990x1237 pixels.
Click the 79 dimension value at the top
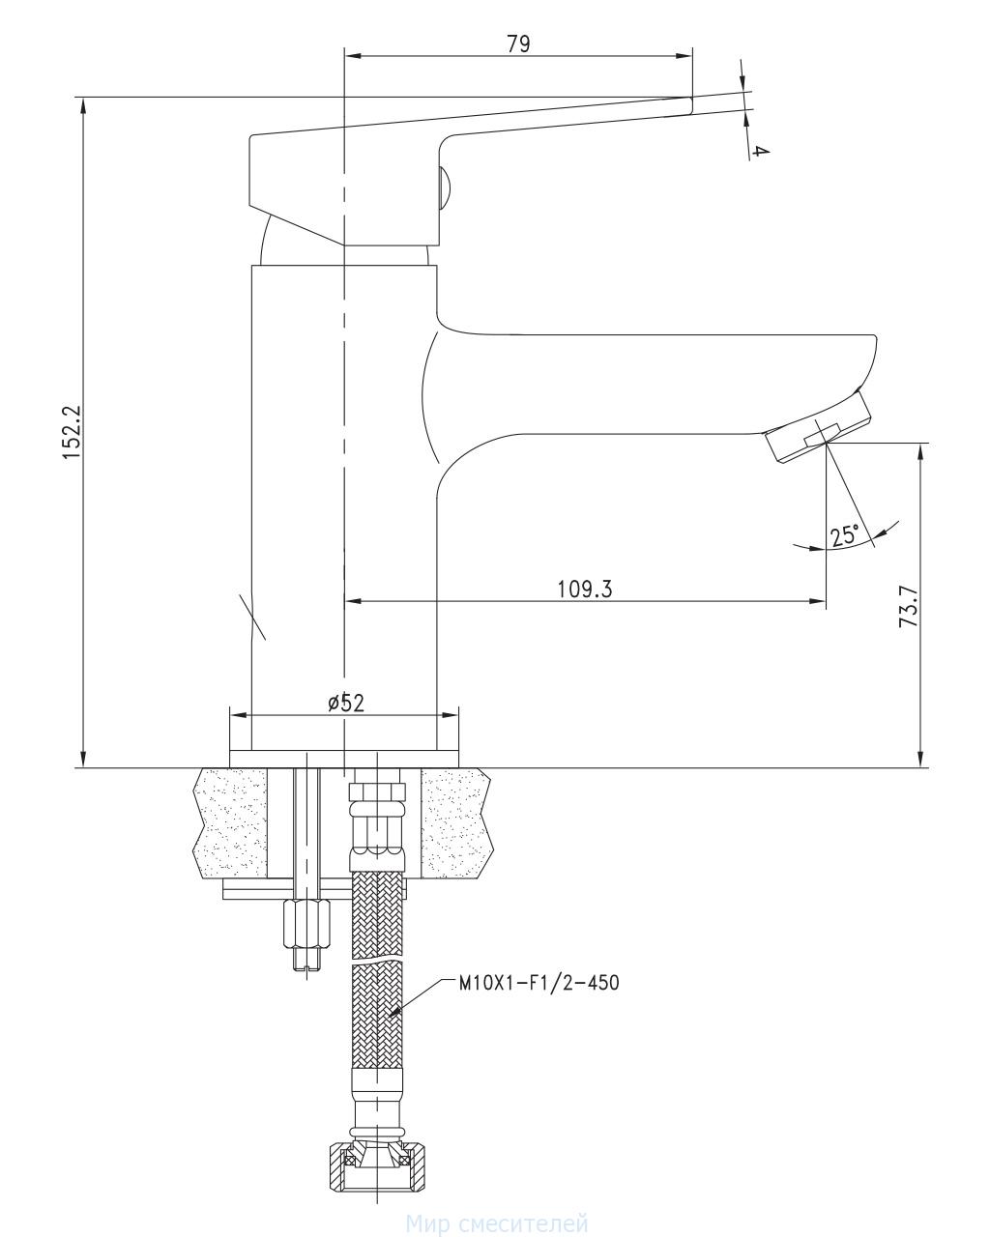click(x=518, y=43)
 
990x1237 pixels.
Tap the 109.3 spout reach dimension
click(x=585, y=589)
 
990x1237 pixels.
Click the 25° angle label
click(x=845, y=534)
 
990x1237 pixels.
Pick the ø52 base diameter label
click(x=346, y=703)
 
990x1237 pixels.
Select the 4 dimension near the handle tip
click(x=761, y=152)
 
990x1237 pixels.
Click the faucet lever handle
click(x=387, y=164)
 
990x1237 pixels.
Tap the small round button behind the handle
click(x=445, y=187)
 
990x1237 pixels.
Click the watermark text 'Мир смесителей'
click(x=497, y=1225)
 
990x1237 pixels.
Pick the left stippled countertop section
click(x=229, y=823)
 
